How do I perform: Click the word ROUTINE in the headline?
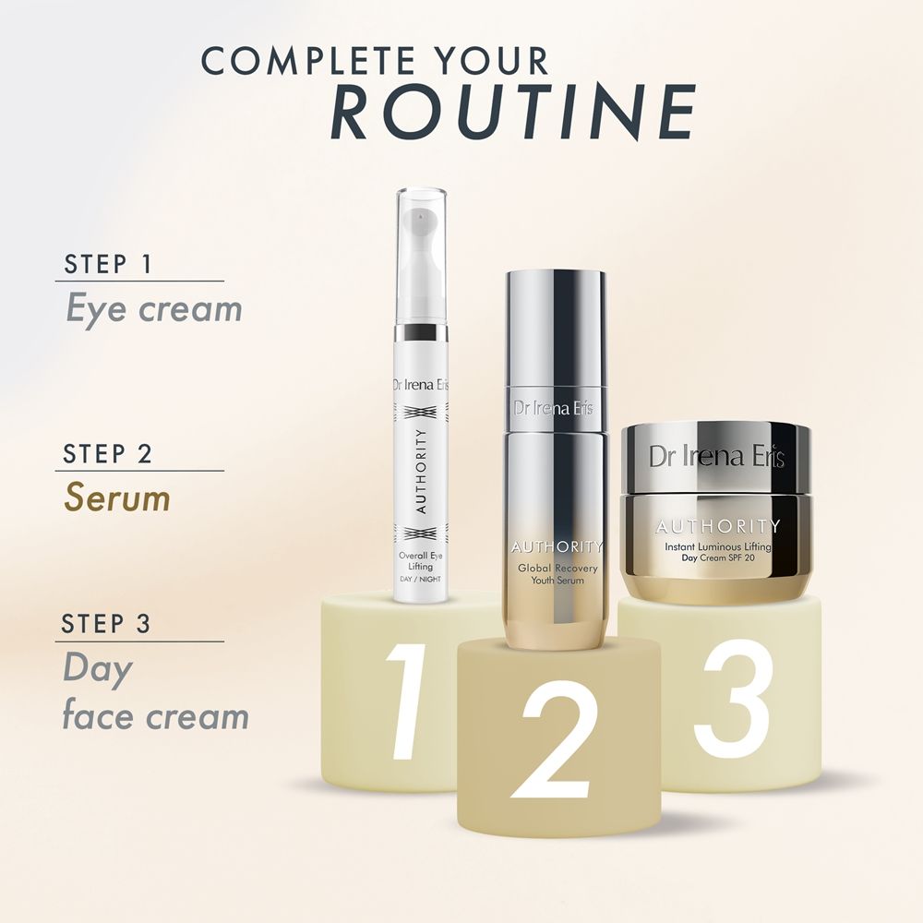point(512,112)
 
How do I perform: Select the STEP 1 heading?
point(108,264)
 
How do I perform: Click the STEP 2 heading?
point(108,454)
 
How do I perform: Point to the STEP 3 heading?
point(106,624)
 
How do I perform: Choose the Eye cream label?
point(154,309)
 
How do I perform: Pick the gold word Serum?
point(117,497)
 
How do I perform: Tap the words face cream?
point(155,716)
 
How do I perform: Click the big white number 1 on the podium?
point(405,701)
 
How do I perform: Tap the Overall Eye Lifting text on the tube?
point(420,561)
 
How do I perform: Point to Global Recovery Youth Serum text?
point(557,574)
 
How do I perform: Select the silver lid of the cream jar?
point(716,458)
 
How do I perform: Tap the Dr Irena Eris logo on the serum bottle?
point(553,408)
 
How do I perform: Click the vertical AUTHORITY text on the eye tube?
point(420,472)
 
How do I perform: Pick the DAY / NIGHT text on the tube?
point(420,580)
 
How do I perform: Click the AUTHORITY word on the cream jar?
point(717,526)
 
